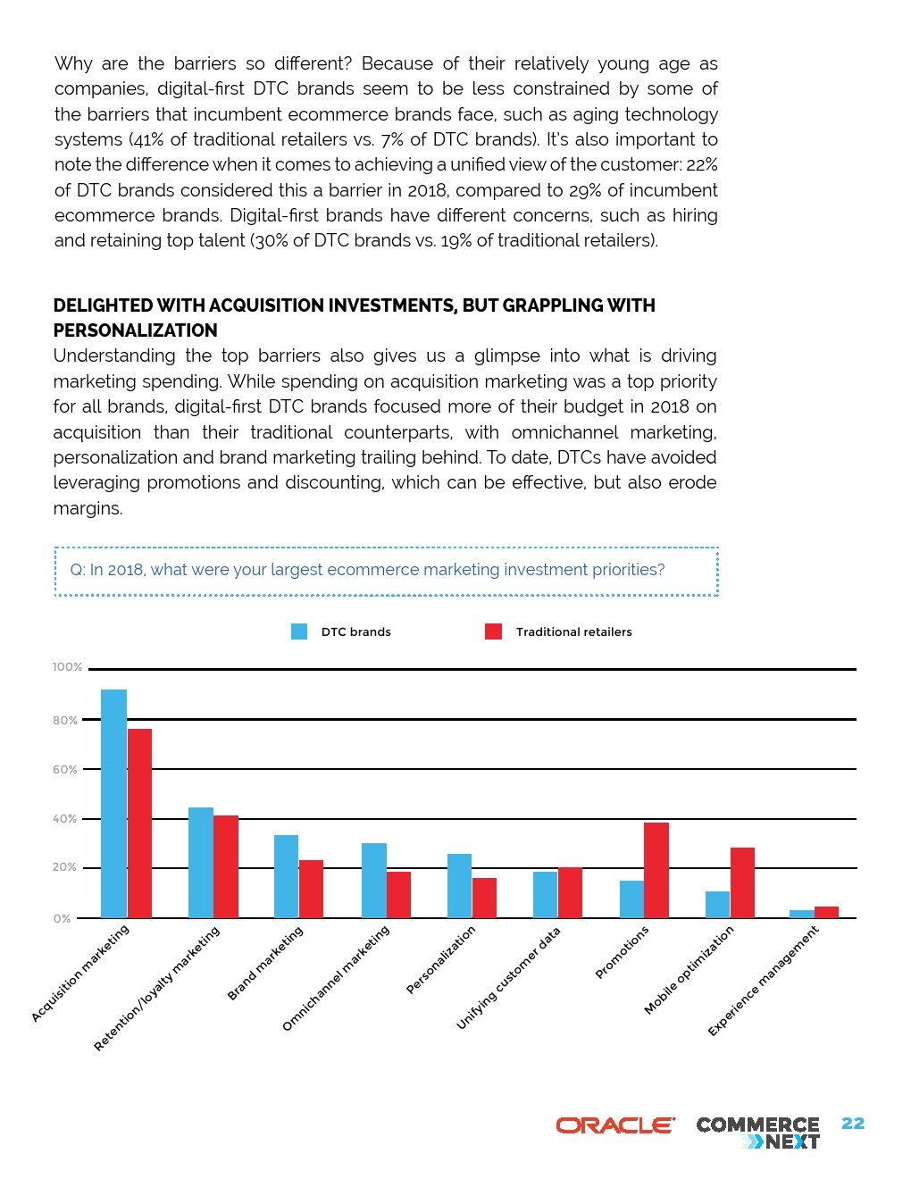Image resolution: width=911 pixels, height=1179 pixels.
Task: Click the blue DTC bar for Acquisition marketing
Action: [113, 803]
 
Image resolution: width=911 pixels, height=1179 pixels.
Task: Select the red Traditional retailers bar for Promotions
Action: [656, 870]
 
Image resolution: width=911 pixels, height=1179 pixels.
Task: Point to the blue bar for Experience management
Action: [802, 914]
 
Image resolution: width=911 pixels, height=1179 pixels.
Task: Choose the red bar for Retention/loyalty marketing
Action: [226, 866]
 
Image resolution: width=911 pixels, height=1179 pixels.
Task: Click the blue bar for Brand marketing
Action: [286, 876]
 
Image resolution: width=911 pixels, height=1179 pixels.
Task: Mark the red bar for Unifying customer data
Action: [570, 892]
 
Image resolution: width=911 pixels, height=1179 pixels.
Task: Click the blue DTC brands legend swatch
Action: [299, 631]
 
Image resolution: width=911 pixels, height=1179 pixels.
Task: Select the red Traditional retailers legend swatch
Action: [493, 631]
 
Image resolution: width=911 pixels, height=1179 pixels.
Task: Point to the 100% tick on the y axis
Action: [67, 667]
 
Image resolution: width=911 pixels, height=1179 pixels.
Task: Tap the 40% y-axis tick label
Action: [64, 819]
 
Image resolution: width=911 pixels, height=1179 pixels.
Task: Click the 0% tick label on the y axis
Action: [62, 918]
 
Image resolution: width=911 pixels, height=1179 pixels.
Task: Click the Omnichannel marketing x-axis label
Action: [336, 978]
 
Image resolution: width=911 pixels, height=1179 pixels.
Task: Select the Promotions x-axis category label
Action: [622, 952]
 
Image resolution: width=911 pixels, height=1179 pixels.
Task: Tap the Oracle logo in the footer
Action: [615, 1125]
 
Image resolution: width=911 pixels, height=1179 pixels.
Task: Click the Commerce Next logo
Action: [757, 1133]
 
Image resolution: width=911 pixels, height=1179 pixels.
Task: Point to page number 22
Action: [853, 1124]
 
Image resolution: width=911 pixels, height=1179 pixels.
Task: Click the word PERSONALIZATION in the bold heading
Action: [136, 330]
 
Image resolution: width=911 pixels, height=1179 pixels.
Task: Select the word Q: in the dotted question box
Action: [78, 570]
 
